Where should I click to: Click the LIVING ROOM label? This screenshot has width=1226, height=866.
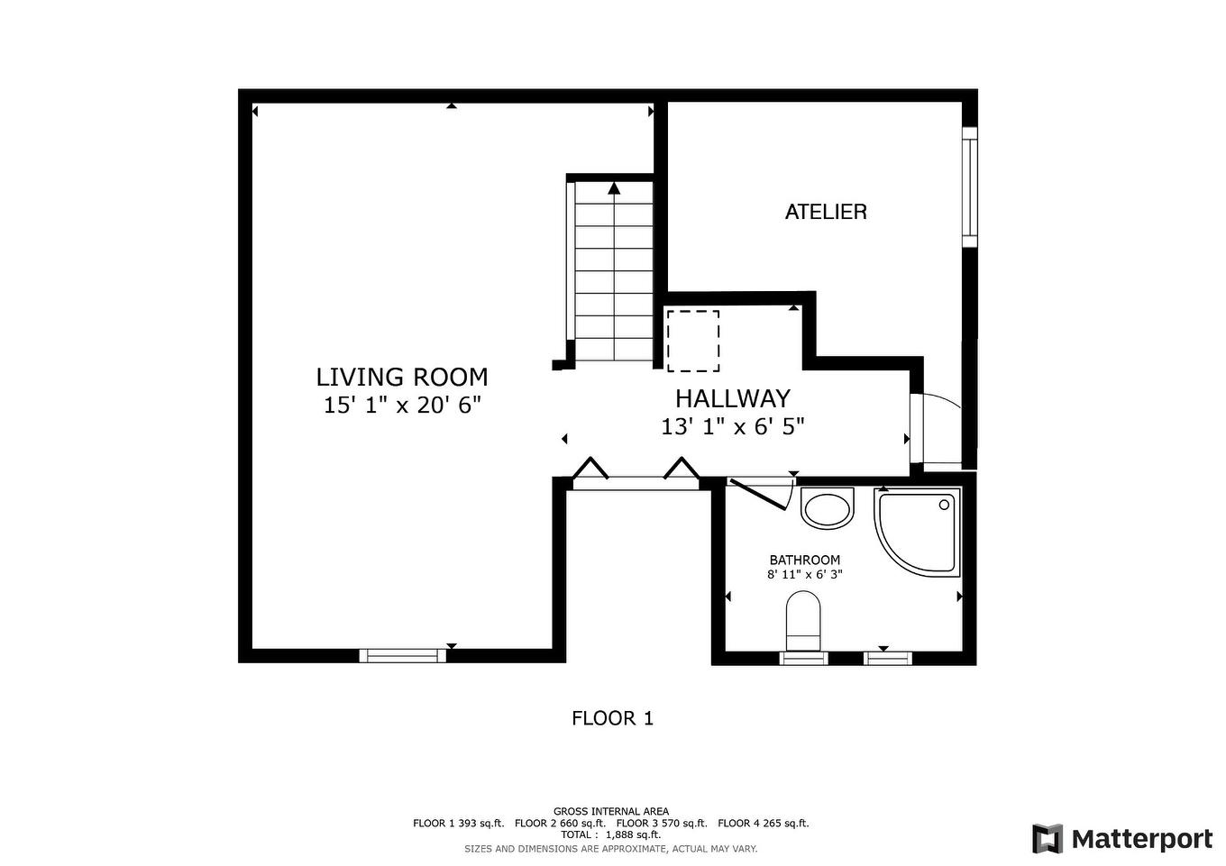point(401,377)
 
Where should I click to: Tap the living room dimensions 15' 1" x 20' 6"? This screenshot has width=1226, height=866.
point(402,406)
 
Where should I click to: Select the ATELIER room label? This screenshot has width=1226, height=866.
point(826,212)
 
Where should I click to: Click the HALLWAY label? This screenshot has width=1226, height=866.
point(732,398)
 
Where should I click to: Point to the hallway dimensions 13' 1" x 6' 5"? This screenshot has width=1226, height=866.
point(732,426)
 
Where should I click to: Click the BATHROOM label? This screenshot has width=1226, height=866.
point(804,560)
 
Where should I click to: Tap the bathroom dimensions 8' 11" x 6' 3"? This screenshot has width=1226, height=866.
point(804,574)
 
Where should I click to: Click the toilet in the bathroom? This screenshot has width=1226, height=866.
point(802,622)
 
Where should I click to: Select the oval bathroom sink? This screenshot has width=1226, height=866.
point(827,509)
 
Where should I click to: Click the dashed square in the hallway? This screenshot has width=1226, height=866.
point(692,341)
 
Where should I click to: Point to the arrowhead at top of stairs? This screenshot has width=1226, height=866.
point(614,188)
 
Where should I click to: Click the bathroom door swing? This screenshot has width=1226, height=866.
point(762,494)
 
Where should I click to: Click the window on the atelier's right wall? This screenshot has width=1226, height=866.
point(969,187)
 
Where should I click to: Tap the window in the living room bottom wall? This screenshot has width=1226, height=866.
point(403,655)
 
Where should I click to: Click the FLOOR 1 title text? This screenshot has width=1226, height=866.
point(612,718)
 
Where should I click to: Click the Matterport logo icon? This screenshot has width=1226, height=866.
point(1047,839)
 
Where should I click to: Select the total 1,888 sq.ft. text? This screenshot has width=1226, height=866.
point(610,834)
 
